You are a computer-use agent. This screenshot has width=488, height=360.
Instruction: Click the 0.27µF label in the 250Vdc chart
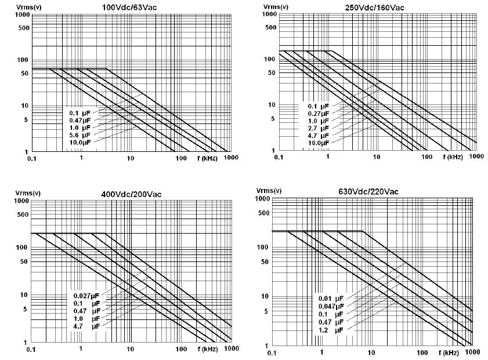tap(318, 114)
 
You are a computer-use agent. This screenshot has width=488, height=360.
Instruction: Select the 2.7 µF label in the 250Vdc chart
tap(318, 128)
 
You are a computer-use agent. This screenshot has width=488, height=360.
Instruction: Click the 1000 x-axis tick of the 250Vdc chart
tap(476, 157)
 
